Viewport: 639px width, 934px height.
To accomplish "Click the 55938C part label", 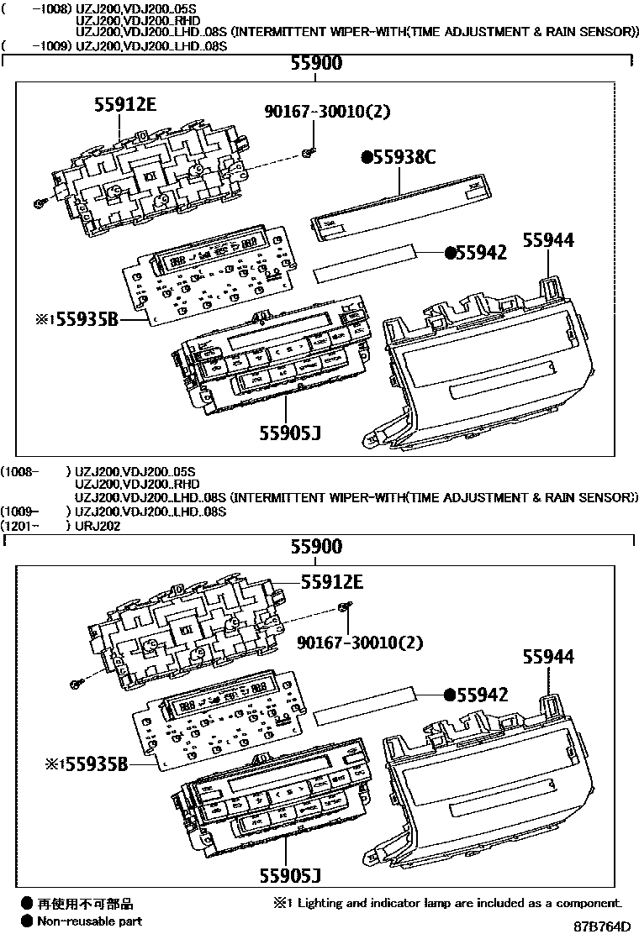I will (x=399, y=157).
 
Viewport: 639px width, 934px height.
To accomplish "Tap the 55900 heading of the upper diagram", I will (x=316, y=64).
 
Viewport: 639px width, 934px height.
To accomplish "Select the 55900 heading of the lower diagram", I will (x=316, y=547).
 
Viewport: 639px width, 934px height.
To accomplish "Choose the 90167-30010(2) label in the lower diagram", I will (x=359, y=643).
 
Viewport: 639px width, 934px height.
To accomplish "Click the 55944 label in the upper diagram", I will (x=549, y=240).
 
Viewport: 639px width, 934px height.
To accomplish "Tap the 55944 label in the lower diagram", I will (x=549, y=657).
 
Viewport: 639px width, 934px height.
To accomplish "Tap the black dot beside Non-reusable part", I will (x=27, y=921).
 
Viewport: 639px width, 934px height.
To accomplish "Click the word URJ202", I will (x=98, y=526).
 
